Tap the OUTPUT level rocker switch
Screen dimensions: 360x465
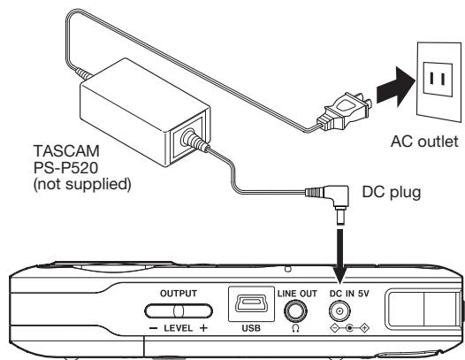(176, 312)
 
